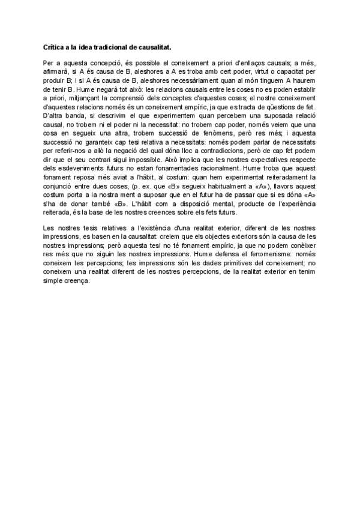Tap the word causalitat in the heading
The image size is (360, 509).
[158, 46]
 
